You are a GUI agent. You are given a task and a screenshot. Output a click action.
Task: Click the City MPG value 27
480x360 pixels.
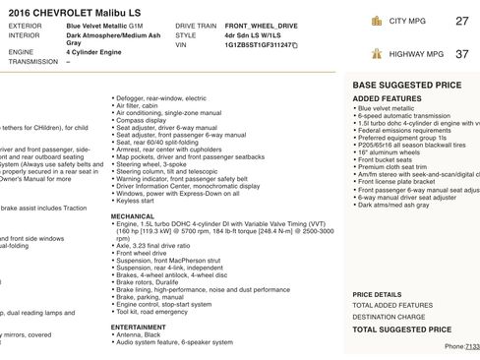pos(462,21)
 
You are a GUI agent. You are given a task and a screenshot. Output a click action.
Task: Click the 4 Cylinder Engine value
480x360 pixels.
pos(98,53)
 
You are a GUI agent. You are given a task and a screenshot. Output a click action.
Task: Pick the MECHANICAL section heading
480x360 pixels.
pos(132,215)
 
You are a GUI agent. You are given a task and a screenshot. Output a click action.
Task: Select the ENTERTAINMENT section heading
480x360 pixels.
pos(139,327)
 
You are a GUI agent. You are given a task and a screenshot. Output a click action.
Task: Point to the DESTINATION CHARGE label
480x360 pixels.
pos(390,317)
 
